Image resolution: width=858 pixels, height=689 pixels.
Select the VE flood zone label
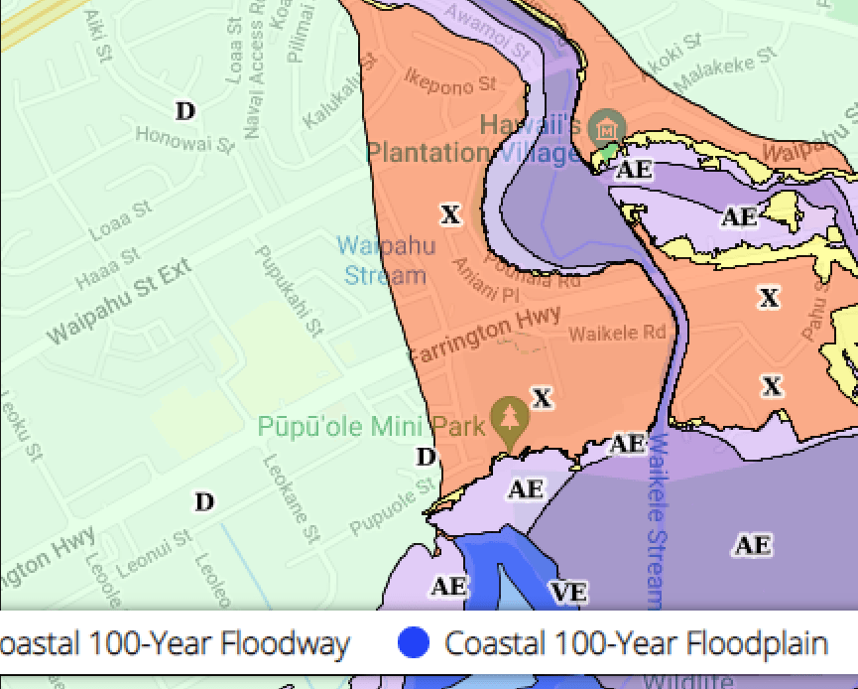pyautogui.click(x=568, y=593)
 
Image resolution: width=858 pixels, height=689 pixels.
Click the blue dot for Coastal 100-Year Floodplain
pyautogui.click(x=414, y=643)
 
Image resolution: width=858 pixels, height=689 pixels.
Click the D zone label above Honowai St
pyautogui.click(x=185, y=111)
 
